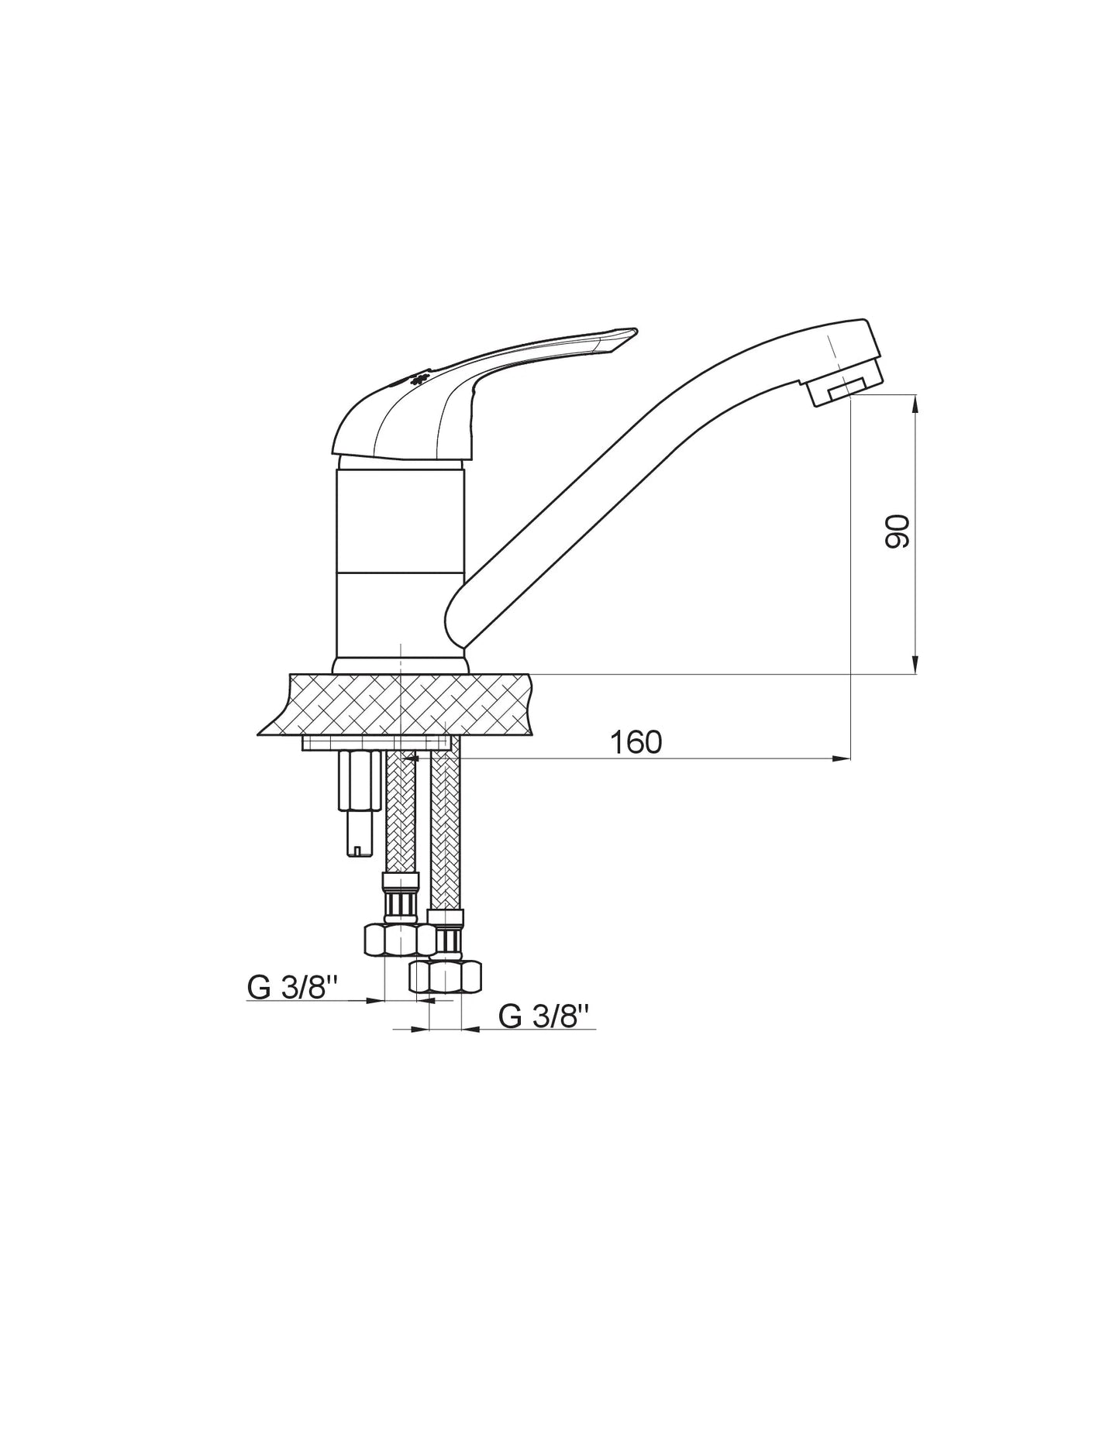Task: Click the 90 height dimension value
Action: pos(897,531)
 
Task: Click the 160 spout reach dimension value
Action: pos(636,742)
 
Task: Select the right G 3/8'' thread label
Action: pos(544,1016)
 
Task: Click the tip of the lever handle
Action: pos(634,332)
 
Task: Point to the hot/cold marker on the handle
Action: pos(419,380)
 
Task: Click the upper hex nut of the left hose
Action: pos(400,940)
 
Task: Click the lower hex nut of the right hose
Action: pos(445,976)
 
